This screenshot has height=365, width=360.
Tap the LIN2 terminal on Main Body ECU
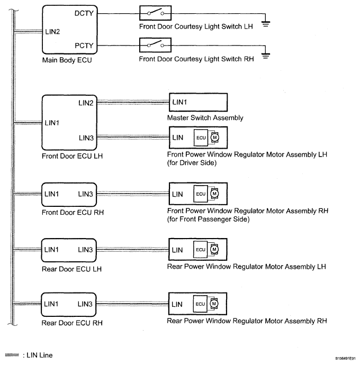pos(53,32)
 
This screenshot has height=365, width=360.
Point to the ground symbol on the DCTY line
pos(266,24)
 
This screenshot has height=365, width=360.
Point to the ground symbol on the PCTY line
pos(266,57)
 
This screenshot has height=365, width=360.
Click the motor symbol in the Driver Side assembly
pos(214,138)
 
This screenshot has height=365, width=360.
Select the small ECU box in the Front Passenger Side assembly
pos(201,194)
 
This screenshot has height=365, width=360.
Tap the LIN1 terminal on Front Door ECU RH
pos(51,194)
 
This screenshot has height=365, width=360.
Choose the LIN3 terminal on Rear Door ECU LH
pos(85,249)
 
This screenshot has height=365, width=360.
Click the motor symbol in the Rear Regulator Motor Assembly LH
pos(214,249)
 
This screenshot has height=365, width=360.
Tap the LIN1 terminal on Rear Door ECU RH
pos(51,304)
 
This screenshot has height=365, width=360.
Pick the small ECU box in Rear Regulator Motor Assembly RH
pos(201,304)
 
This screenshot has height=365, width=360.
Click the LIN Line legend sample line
pos(11,355)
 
